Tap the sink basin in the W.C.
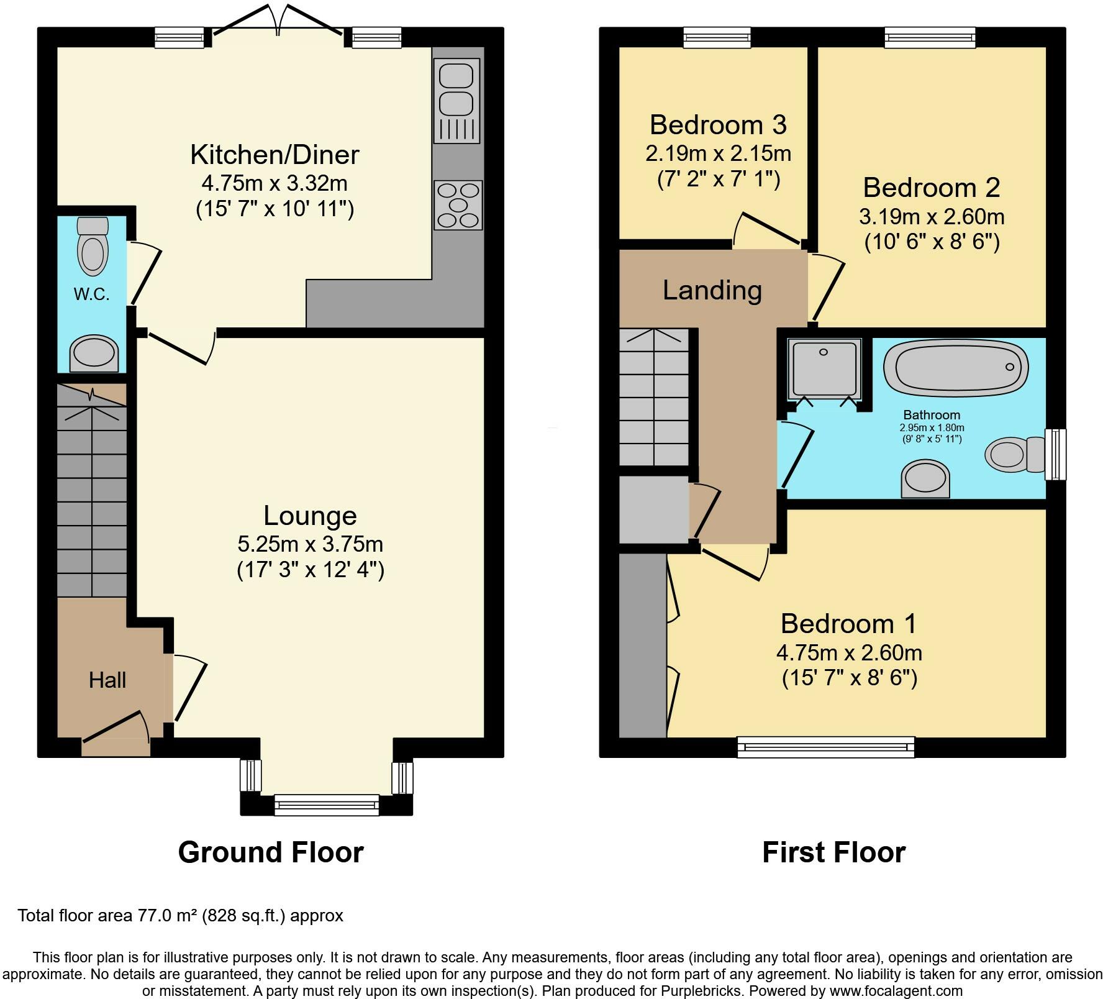point(94,353)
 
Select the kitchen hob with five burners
point(459,204)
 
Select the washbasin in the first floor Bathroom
point(925,479)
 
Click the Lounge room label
point(310,515)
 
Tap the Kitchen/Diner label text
point(275,155)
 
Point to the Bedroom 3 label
point(718,125)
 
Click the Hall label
point(107,680)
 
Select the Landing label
point(712,290)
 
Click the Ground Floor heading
point(271,852)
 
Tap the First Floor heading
point(833,852)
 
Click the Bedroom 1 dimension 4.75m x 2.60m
point(849,653)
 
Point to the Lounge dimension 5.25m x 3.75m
point(310,544)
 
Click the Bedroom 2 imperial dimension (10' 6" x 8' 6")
point(932,241)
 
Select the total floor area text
point(180,915)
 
